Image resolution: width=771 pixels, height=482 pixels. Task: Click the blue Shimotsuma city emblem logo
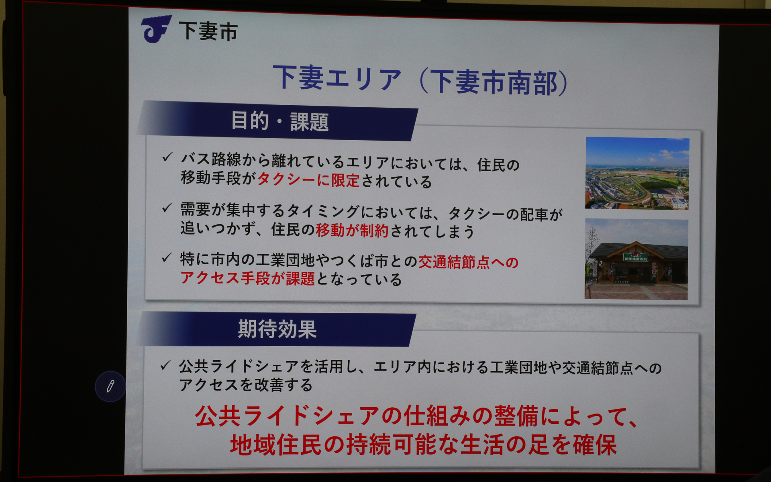[x=156, y=29]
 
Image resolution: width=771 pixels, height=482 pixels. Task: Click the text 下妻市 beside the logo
[x=208, y=31]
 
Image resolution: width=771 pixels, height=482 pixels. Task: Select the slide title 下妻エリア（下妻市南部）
[x=420, y=80]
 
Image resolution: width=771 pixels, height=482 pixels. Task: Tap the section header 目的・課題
[x=279, y=121]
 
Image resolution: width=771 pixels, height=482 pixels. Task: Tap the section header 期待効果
[x=277, y=329]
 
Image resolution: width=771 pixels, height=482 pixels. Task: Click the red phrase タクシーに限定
[x=308, y=180]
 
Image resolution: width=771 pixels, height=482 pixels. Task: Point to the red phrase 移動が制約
[x=352, y=231]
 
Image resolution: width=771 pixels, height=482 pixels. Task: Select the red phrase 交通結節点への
[x=468, y=262]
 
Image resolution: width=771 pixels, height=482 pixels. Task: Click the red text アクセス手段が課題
[x=247, y=278]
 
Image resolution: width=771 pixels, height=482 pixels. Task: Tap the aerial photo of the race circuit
[x=637, y=174]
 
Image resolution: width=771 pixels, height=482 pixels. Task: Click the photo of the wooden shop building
[x=636, y=259]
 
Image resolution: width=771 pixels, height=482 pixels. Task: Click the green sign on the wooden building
[x=636, y=257]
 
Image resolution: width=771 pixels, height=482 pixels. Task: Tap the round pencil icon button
[x=110, y=386]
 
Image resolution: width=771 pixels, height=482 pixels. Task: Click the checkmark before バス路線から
[x=167, y=157]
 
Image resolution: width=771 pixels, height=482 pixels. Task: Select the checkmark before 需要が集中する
[x=167, y=208]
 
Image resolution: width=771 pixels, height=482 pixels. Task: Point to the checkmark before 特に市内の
[x=167, y=258]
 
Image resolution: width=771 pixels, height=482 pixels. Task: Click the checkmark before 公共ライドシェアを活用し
[x=165, y=366]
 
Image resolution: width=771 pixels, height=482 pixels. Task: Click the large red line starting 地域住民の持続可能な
[x=423, y=445]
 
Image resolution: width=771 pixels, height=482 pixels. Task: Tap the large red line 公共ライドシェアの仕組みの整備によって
[x=416, y=417]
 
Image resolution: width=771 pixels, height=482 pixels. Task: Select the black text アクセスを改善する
[x=245, y=385]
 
